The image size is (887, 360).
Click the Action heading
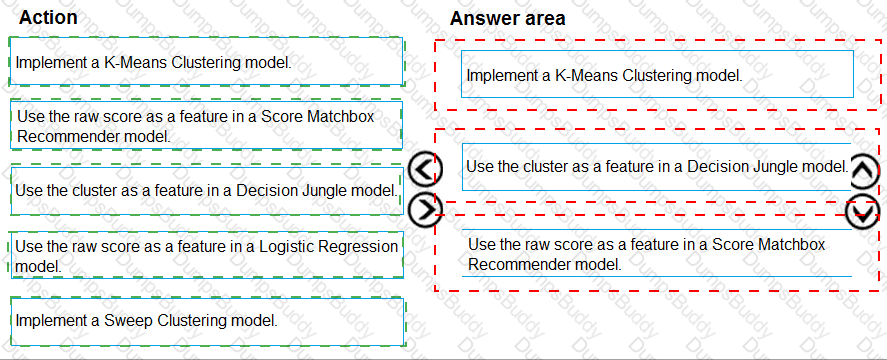click(x=48, y=17)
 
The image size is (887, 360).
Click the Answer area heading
click(x=507, y=18)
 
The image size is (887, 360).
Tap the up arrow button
click(x=864, y=172)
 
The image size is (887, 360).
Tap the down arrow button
click(x=862, y=211)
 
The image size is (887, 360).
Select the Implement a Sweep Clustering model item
click(x=206, y=321)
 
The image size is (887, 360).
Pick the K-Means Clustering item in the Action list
click(x=206, y=62)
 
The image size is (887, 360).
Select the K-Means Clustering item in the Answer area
click(x=657, y=75)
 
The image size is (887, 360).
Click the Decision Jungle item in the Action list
click(x=206, y=190)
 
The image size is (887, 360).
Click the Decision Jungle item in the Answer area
click(x=656, y=166)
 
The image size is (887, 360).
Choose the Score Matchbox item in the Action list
click(x=206, y=125)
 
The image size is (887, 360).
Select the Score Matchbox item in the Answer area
click(x=656, y=254)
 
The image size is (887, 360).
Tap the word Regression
click(x=364, y=246)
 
